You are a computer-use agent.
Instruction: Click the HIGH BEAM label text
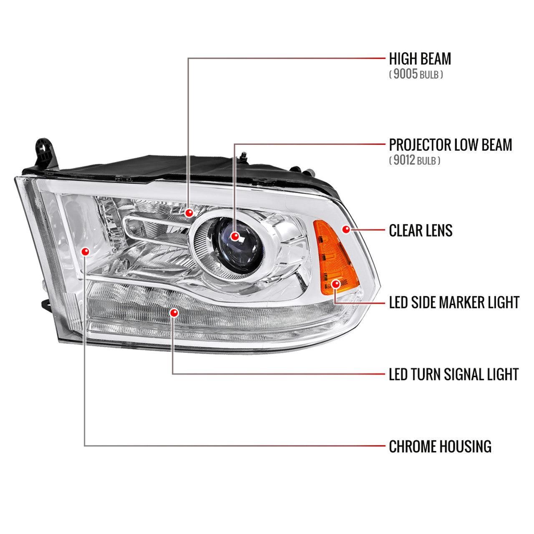420,59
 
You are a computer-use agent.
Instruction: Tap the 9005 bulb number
406,74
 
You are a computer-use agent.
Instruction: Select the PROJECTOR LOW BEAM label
450,145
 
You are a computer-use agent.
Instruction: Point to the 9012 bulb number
404,160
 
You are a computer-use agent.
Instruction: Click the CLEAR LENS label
421,231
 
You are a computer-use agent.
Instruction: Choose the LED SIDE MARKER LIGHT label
454,302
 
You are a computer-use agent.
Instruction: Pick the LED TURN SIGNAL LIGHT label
453,374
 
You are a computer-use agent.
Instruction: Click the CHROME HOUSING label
440,446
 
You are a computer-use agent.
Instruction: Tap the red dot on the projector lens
235,237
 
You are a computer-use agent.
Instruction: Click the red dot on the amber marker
336,284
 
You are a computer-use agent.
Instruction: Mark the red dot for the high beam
189,213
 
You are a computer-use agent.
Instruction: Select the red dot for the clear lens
346,229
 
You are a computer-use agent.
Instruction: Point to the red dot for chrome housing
86,252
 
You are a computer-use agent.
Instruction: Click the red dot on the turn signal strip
174,313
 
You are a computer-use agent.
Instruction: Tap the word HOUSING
466,446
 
